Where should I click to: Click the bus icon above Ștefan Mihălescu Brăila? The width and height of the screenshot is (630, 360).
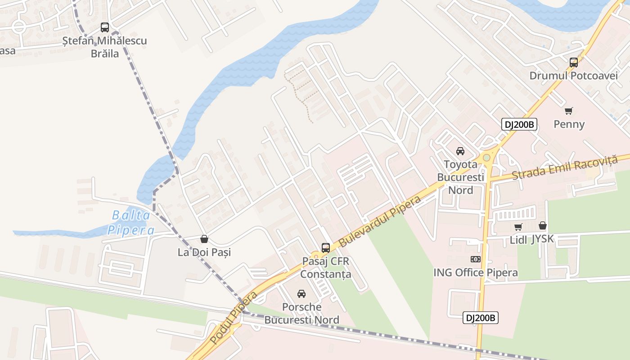coord(105,27)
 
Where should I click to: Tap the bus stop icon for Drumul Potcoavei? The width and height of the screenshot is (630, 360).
coord(574,63)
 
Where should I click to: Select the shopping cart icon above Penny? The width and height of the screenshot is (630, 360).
coord(569,111)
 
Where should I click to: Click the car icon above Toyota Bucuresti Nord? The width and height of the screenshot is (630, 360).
coord(460,151)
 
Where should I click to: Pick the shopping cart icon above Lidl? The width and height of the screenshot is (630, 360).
coord(518,227)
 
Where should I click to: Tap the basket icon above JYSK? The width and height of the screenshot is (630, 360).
coord(543,225)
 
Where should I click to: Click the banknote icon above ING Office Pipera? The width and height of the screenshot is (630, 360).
coord(476,259)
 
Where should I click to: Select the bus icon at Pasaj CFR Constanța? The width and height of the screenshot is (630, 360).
coord(326,247)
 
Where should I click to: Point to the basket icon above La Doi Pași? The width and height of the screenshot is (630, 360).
coord(204,238)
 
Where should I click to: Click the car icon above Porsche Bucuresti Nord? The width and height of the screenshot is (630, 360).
coord(301,294)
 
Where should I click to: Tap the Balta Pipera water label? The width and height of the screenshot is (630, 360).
coord(130,223)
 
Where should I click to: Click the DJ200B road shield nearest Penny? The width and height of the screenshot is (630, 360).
coord(520,125)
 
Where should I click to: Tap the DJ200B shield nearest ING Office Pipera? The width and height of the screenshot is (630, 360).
coord(481,318)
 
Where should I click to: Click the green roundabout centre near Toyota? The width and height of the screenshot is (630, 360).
coord(486,158)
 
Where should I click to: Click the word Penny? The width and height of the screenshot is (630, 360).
coord(569,124)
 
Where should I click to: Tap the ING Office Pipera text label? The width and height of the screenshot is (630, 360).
coord(475,273)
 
